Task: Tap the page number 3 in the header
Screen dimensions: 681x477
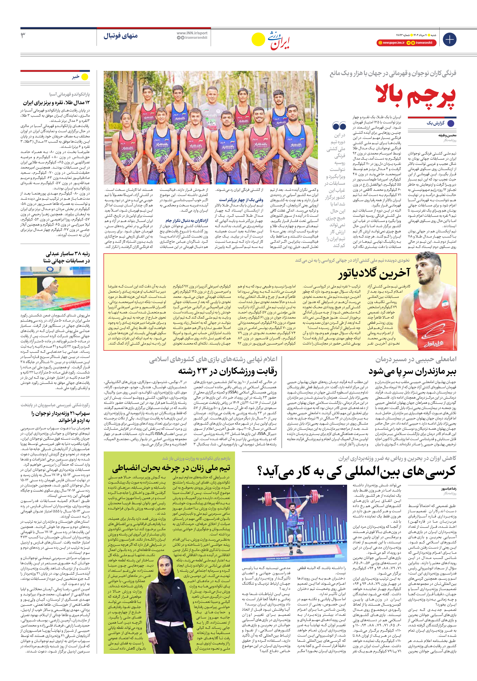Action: click(x=23, y=36)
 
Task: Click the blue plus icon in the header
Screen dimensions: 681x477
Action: click(x=449, y=39)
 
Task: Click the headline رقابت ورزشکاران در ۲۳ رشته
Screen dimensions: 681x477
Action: click(x=227, y=371)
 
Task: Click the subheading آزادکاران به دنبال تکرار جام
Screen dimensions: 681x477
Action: click(x=187, y=221)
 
